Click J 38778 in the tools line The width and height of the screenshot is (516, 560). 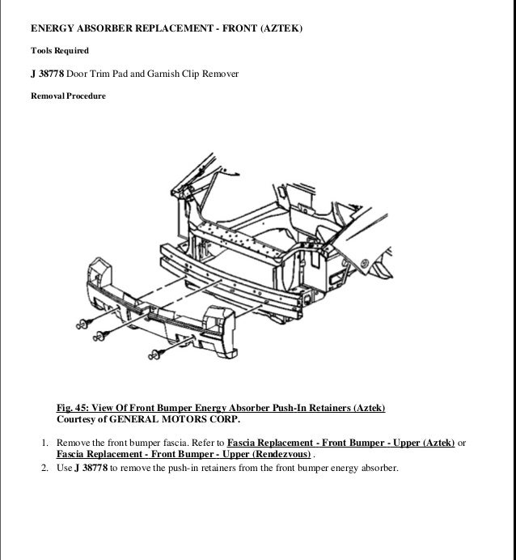coord(47,74)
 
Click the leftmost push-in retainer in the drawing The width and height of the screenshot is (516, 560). coord(81,323)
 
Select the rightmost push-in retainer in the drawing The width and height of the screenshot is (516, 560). coord(156,352)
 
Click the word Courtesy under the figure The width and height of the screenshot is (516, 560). coord(78,421)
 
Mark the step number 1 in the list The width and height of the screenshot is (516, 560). coord(44,443)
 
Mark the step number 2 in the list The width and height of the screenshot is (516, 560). coord(44,468)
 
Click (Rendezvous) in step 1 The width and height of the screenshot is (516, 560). coord(280,456)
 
